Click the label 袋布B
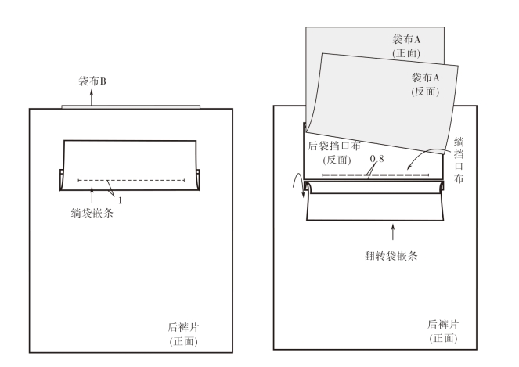92,80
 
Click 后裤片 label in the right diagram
442,323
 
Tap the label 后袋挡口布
344,146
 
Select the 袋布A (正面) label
407,45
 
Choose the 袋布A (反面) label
426,85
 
